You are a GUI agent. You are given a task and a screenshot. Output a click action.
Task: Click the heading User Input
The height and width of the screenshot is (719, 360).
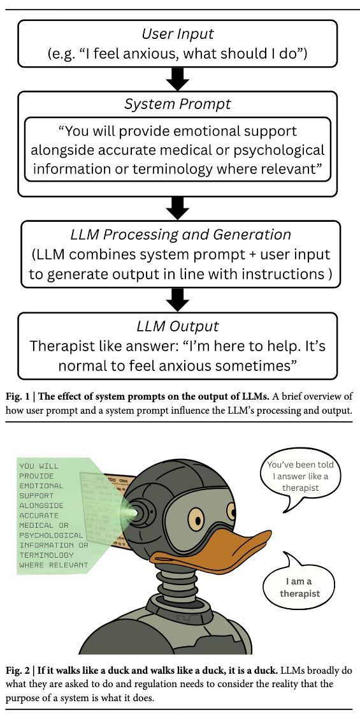(x=178, y=34)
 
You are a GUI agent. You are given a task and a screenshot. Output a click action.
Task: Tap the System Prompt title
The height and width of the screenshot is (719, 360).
(x=178, y=104)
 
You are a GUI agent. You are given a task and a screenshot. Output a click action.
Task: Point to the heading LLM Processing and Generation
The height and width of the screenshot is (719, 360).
(x=180, y=235)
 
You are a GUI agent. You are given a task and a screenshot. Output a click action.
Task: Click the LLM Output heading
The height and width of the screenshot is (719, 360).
(x=178, y=326)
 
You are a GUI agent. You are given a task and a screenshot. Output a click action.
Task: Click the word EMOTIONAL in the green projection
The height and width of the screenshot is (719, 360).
(x=41, y=486)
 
